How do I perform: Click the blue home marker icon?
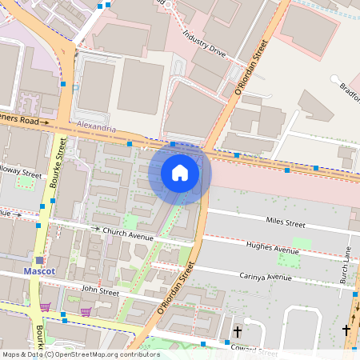(x=180, y=173)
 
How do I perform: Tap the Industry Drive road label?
(x=205, y=46)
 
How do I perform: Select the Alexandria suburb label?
(x=97, y=127)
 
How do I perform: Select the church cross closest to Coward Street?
(x=237, y=330)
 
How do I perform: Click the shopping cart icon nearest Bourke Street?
(x=45, y=306)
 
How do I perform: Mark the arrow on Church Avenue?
(x=98, y=229)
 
